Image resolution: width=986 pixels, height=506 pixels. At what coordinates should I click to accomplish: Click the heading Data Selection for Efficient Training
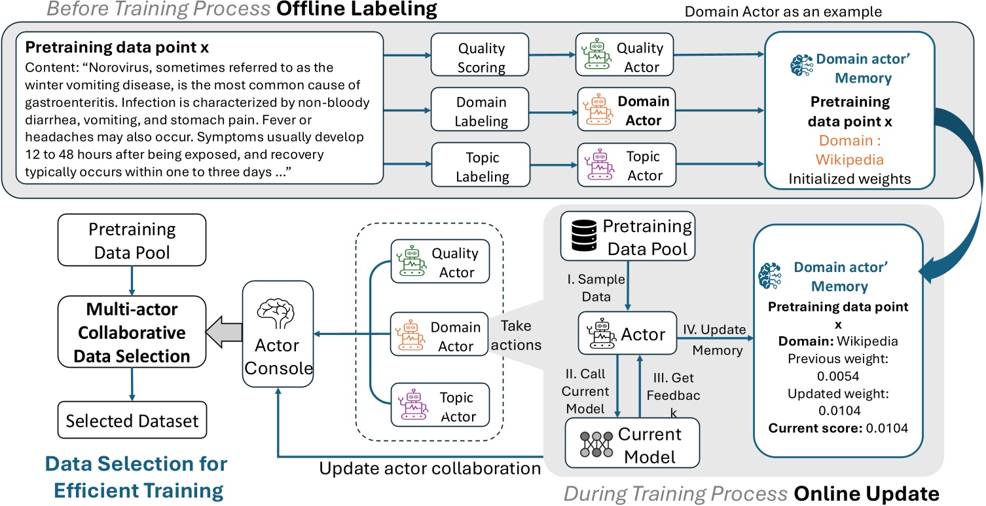pyautogui.click(x=136, y=477)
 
